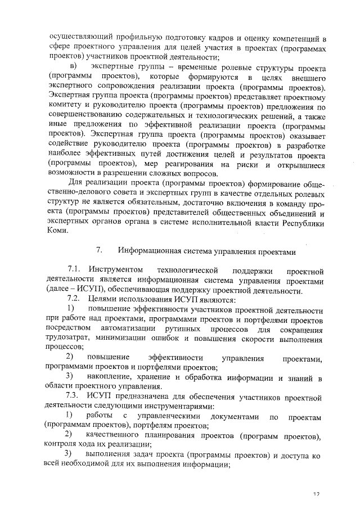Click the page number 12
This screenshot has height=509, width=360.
point(317,494)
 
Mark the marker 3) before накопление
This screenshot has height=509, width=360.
point(70,375)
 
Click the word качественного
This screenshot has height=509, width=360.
point(115,436)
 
